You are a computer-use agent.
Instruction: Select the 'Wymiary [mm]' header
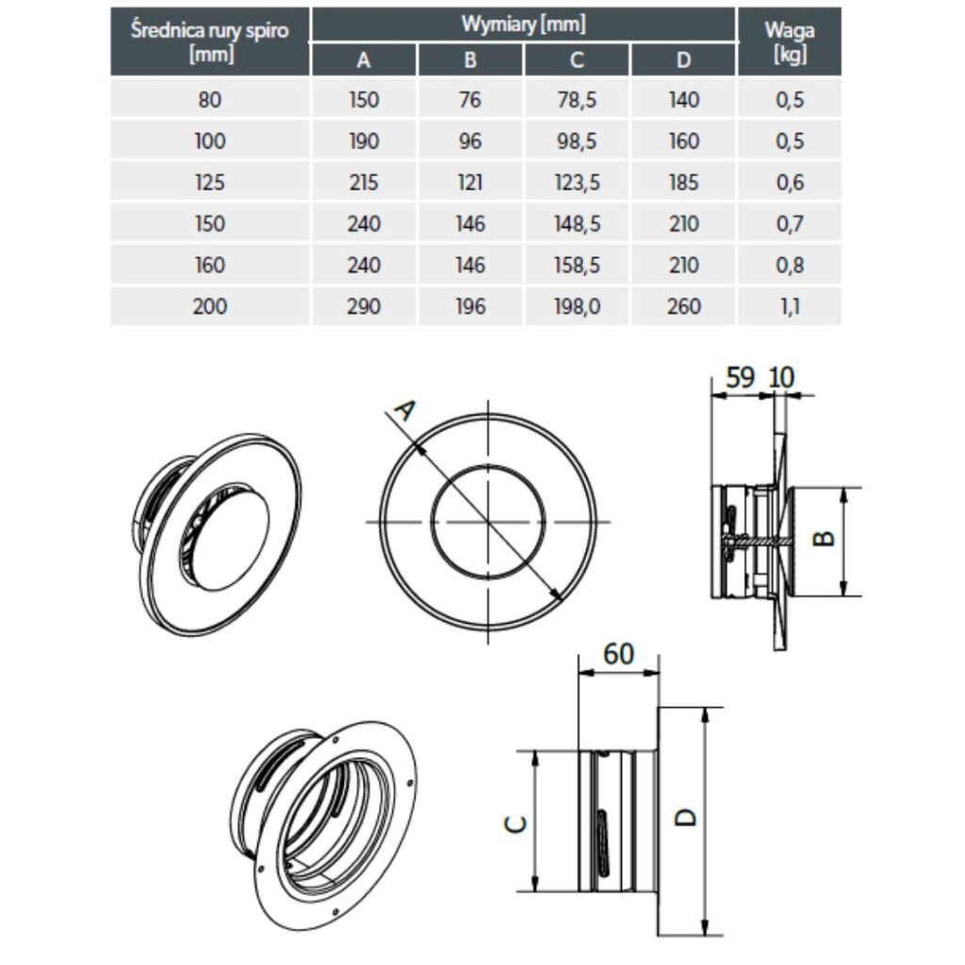523,24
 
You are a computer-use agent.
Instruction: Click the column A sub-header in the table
364,60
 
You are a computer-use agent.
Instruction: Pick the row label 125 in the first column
209,182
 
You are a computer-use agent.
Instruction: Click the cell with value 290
364,306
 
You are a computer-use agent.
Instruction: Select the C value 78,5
577,100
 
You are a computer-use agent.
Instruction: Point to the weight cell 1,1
789,306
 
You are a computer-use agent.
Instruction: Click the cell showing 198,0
577,306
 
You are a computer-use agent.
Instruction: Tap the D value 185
683,182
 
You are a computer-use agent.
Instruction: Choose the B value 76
470,100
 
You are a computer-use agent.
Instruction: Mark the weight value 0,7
789,223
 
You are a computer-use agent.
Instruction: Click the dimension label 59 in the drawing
741,377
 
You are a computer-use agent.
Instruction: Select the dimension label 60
618,654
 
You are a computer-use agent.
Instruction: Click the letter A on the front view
404,411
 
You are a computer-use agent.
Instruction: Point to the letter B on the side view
823,537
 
